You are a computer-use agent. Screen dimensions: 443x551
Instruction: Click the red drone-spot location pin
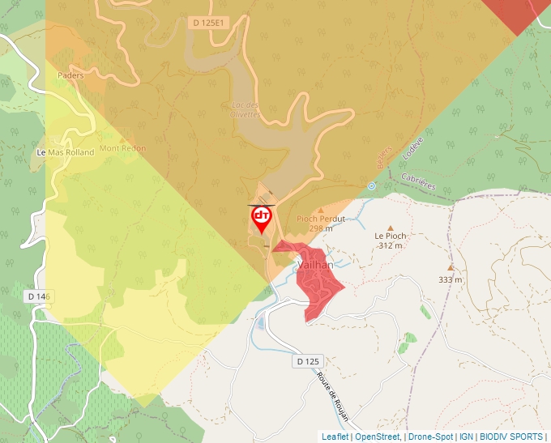coord(262,218)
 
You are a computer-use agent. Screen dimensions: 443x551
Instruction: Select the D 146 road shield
coord(37,297)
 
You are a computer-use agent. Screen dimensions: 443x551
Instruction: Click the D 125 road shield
coord(310,360)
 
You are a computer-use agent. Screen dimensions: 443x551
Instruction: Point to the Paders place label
coord(70,75)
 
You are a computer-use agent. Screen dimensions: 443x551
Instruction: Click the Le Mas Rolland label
coord(66,152)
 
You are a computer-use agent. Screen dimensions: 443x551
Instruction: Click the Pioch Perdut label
coord(321,219)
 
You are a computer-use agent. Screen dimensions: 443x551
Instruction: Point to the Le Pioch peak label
coord(390,236)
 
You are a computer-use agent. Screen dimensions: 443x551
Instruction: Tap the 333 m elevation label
coord(451,279)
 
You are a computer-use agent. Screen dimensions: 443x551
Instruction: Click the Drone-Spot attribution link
coord(430,437)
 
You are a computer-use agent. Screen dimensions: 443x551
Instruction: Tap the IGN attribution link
coord(466,437)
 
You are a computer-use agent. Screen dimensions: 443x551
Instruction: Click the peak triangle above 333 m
coord(451,266)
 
